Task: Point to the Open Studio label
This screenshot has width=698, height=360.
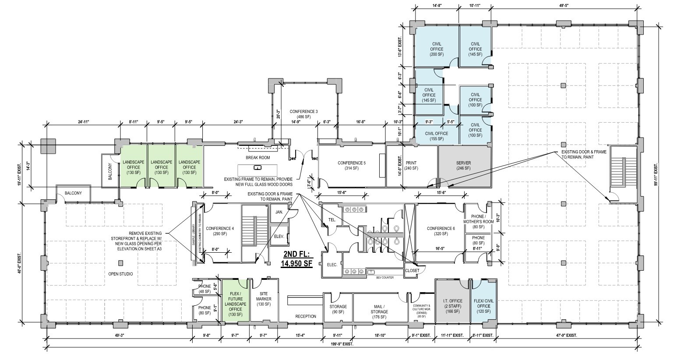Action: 120,274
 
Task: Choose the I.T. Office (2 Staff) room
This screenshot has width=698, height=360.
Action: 452,304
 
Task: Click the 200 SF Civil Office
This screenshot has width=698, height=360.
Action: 437,49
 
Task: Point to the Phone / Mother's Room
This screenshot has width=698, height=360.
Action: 478,222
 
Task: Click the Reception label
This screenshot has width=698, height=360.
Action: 306,316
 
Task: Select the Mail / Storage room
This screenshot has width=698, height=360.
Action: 379,312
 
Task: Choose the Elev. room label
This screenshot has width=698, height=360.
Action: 279,236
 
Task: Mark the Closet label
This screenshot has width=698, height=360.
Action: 412,270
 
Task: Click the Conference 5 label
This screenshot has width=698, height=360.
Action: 351,166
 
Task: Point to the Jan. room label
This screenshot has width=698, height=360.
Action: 279,212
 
